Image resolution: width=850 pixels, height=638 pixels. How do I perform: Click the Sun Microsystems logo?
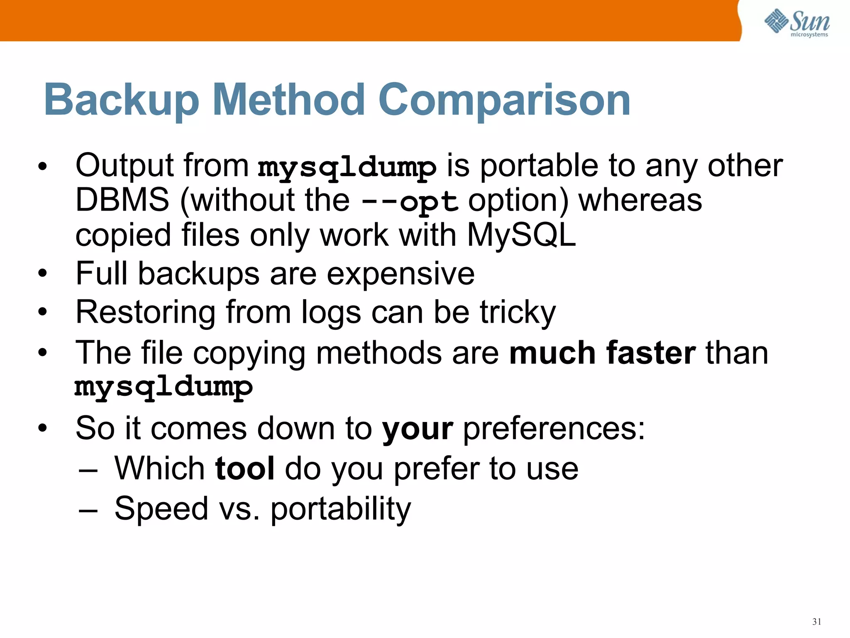point(797,23)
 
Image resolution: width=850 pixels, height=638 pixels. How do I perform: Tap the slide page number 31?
point(817,622)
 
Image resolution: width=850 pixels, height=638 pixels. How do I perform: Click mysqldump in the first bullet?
point(347,167)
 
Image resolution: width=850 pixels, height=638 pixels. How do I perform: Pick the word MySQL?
point(521,235)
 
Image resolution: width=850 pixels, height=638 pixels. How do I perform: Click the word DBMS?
point(122,200)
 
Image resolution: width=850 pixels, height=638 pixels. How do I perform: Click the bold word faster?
point(651,353)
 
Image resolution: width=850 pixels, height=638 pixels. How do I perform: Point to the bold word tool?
point(245,469)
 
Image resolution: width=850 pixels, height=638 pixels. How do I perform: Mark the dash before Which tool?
point(88,471)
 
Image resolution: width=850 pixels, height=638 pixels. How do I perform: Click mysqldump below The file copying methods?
point(164,387)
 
